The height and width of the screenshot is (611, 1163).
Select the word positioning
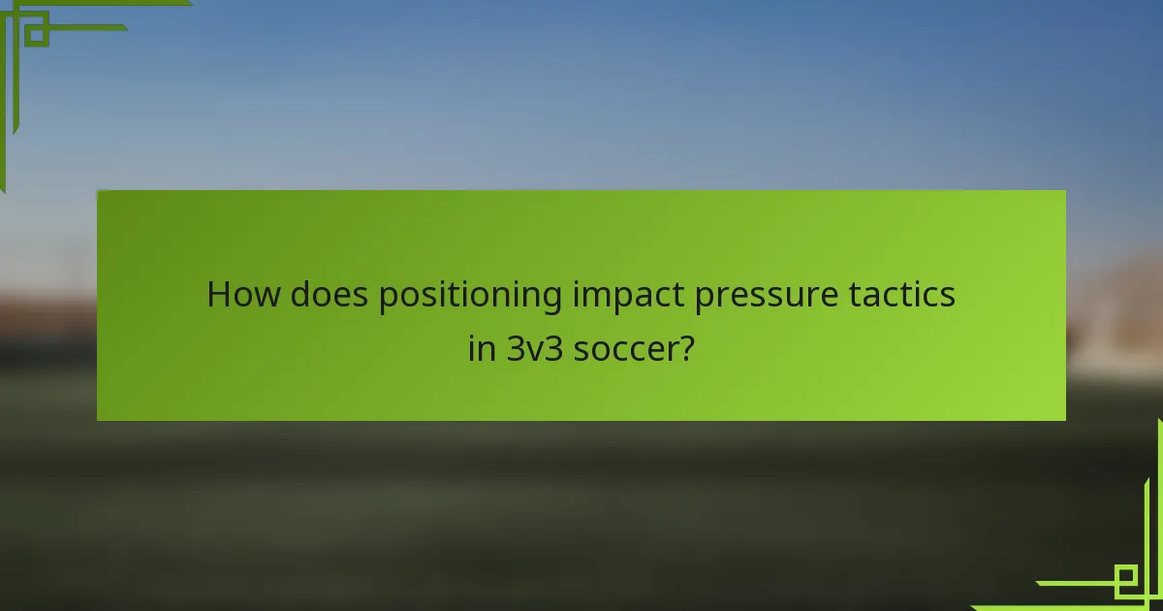[x=470, y=296]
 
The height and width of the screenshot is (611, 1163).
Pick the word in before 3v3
[x=482, y=348]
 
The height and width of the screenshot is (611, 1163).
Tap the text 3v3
[x=534, y=348]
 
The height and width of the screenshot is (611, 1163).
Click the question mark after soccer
[x=687, y=348]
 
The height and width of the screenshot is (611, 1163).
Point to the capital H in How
[x=219, y=294]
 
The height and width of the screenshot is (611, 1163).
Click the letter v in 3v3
[x=534, y=351]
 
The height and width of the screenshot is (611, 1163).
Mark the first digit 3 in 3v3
[x=515, y=348]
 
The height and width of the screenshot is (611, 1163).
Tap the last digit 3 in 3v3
[x=553, y=348]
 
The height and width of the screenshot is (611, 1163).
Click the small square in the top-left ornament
[x=37, y=34]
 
